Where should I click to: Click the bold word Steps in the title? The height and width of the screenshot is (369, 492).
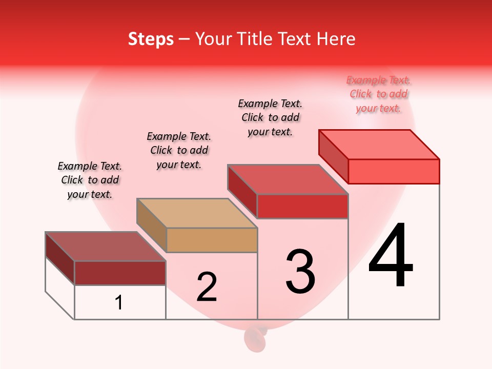tap(151, 39)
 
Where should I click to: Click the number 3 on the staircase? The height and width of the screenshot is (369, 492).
tap(300, 272)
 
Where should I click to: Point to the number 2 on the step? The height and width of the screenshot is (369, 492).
tap(207, 287)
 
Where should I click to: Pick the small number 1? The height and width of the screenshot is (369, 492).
tap(119, 302)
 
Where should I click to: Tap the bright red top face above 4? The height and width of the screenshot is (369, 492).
tap(379, 145)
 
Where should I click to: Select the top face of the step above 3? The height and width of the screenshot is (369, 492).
tap(288, 179)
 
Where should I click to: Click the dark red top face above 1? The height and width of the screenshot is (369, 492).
tap(105, 247)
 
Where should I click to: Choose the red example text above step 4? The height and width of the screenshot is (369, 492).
tap(378, 94)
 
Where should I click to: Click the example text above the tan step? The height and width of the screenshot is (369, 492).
tap(179, 150)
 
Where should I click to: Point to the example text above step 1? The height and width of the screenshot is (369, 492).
tap(90, 180)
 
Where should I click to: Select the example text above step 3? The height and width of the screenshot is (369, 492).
tap(270, 117)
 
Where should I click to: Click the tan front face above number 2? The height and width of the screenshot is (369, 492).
tap(212, 240)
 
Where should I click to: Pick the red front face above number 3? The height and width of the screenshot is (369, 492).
tap(302, 206)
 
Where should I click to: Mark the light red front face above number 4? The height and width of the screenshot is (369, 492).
tap(394, 171)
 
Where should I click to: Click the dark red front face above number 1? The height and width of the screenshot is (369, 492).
tap(120, 273)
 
